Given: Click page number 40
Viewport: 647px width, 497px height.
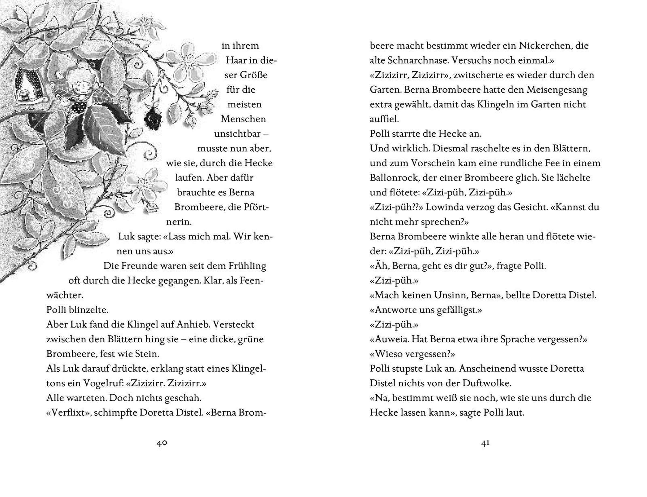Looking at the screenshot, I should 162,443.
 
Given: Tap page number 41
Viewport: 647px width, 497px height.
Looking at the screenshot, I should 485,443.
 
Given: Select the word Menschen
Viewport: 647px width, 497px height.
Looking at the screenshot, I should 243,119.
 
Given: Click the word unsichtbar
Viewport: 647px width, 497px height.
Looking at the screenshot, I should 238,134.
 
